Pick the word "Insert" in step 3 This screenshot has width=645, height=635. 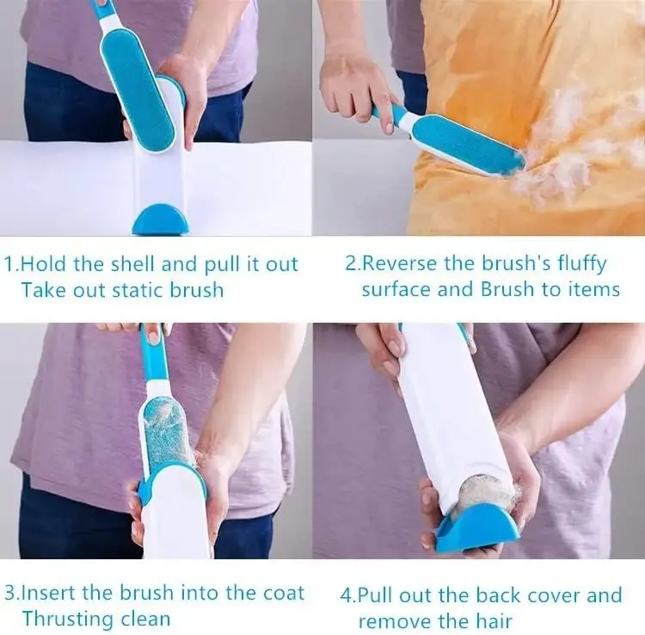47,593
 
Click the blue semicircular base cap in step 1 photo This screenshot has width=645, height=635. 162,220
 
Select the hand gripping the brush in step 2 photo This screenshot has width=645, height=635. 356,86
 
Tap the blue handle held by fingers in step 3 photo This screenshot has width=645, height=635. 153,354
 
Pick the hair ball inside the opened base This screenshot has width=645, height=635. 484,495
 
